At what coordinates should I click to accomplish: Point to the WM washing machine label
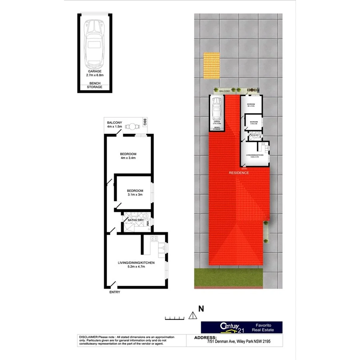(148, 224)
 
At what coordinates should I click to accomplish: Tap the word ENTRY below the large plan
(114, 292)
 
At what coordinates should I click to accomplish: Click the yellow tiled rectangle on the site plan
(212, 65)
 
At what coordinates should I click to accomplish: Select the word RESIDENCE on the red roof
(239, 173)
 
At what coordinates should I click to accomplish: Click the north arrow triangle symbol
(192, 316)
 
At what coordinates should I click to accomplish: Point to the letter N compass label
(201, 308)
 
